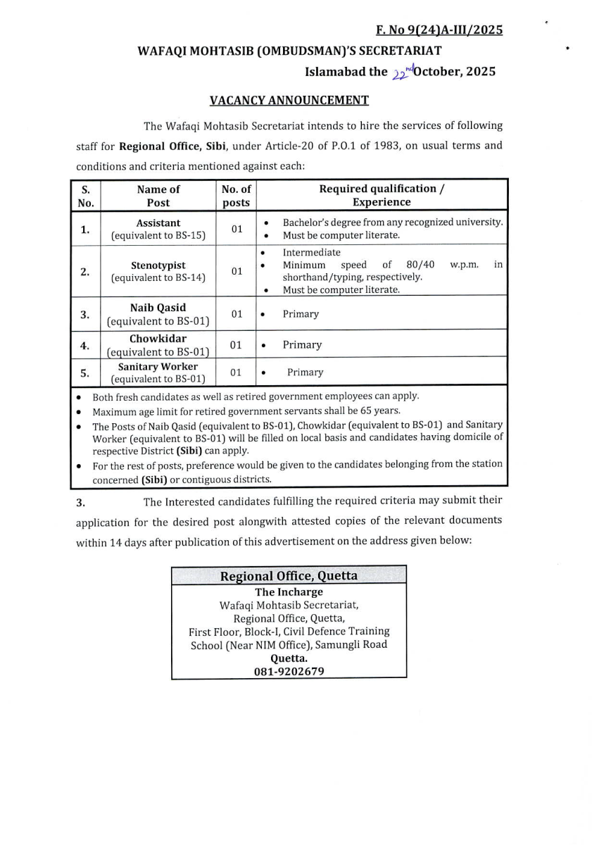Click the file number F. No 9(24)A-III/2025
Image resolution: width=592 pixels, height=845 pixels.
[x=439, y=30]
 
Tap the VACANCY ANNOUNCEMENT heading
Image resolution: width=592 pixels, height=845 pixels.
[x=289, y=100]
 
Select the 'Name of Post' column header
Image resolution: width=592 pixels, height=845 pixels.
[x=158, y=195]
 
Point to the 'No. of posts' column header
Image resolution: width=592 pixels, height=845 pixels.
[x=236, y=195]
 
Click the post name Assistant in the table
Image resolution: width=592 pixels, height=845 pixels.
[x=158, y=223]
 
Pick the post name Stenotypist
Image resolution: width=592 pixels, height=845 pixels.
[x=158, y=265]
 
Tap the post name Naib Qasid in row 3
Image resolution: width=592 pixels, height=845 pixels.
[x=158, y=308]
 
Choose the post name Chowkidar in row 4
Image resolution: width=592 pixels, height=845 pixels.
[x=158, y=339]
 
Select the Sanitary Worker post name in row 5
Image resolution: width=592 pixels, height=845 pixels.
[x=158, y=366]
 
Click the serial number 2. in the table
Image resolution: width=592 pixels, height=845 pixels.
[x=85, y=271]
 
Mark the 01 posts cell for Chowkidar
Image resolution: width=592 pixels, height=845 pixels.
[x=236, y=345]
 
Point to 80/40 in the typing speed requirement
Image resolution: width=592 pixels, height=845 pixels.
[x=421, y=265]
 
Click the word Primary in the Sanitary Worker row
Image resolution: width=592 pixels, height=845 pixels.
[x=305, y=372]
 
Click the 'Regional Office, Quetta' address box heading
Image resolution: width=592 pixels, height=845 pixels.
[x=289, y=576]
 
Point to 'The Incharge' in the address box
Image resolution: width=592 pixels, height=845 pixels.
[x=289, y=592]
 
